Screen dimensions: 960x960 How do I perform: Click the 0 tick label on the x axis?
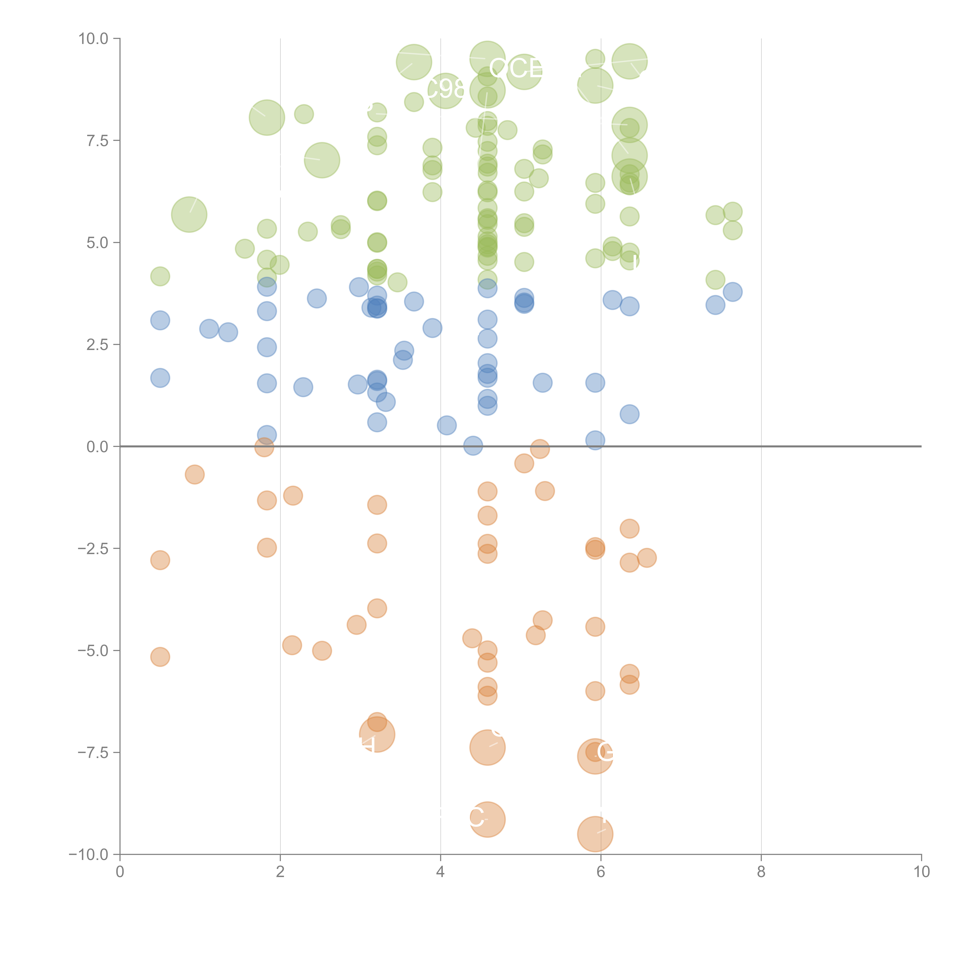(120, 872)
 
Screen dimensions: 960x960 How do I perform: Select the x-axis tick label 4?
(440, 872)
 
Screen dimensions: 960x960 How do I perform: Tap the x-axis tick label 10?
(921, 872)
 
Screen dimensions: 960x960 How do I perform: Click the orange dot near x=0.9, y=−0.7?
(195, 475)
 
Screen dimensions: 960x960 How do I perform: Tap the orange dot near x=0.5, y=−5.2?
(160, 657)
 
